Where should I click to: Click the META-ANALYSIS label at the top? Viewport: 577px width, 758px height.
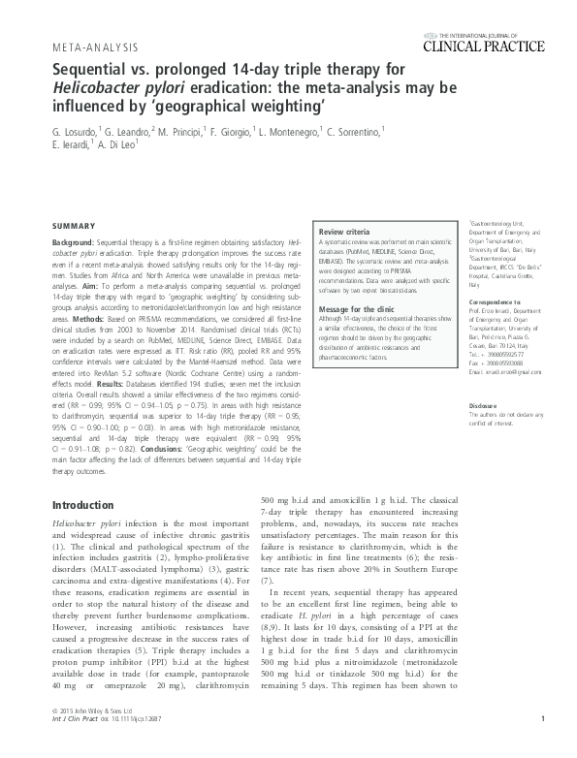pos(94,47)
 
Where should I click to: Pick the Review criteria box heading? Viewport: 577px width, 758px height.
pos(344,234)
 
